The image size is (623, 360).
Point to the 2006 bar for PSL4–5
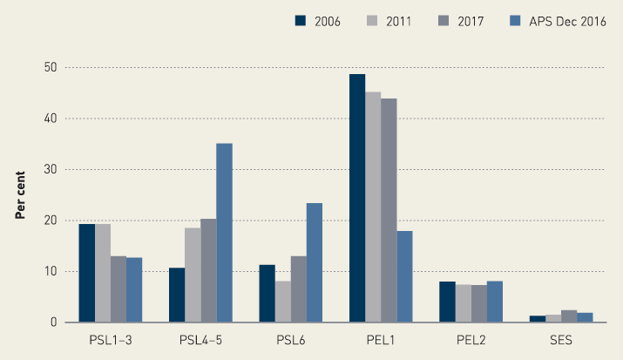click(x=176, y=295)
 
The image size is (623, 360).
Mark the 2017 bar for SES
click(x=568, y=316)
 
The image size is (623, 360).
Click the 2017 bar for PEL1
click(x=389, y=211)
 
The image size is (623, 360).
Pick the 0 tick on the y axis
click(x=54, y=323)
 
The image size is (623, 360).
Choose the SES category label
click(x=560, y=340)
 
